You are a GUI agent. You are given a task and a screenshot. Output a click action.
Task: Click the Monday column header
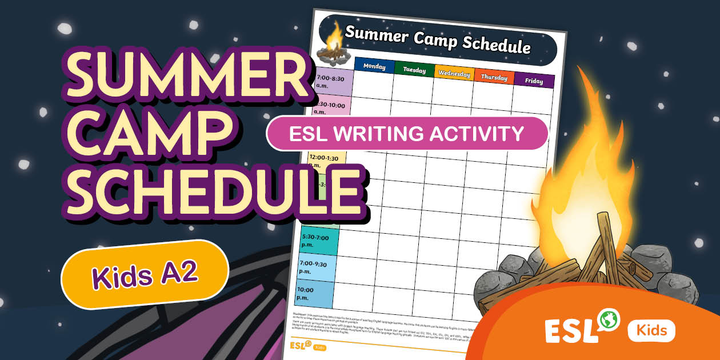tap(374, 66)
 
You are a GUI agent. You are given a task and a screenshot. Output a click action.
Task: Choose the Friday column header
tap(534, 81)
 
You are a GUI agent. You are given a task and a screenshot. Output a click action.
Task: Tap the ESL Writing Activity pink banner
tap(407, 134)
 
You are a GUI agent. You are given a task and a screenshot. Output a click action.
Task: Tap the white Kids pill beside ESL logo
tap(651, 330)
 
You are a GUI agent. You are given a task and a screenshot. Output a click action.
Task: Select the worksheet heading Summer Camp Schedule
tap(437, 39)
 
